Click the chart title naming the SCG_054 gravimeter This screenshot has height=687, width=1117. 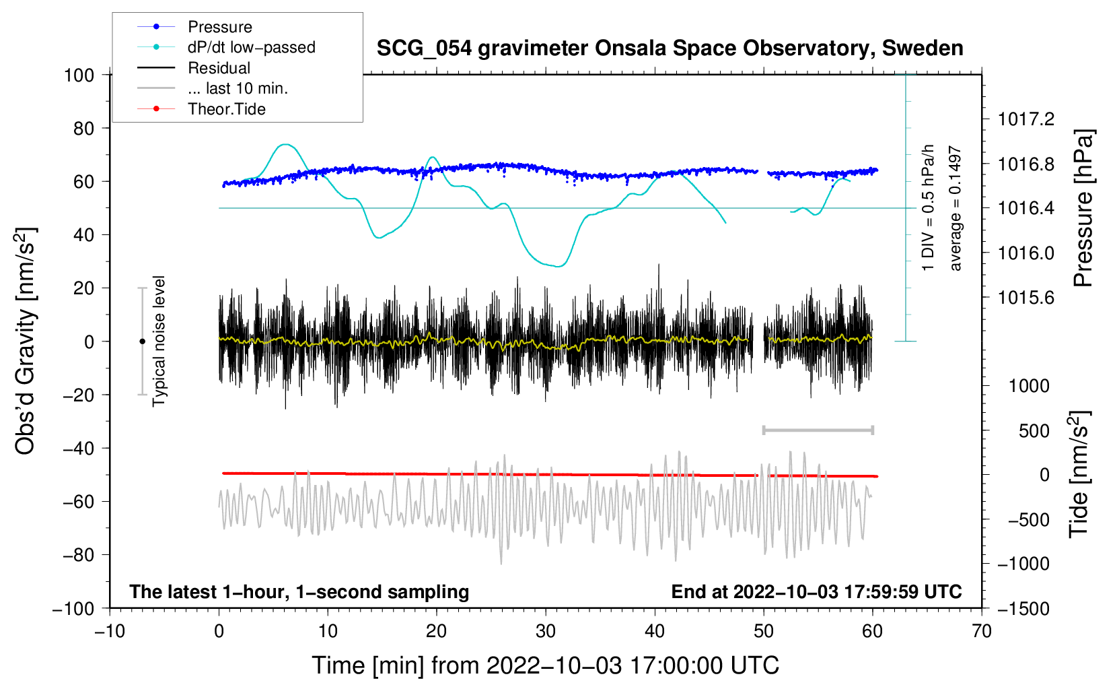(x=670, y=48)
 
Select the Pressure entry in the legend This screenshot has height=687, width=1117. (x=219, y=27)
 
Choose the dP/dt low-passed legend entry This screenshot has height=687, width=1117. (x=251, y=47)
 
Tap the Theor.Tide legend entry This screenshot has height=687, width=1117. (x=226, y=109)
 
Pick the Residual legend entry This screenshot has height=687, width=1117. (x=219, y=68)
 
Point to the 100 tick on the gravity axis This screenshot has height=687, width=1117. (x=79, y=75)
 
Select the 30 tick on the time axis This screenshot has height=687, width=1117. (x=546, y=631)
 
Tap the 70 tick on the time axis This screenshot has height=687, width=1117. (x=982, y=631)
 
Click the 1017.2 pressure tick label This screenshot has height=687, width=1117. (x=1026, y=119)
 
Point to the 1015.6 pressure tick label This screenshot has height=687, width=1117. (x=1026, y=298)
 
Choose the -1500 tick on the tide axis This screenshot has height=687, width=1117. (x=1023, y=609)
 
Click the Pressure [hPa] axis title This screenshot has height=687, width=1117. (x=1083, y=208)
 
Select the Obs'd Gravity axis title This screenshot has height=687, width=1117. (x=26, y=341)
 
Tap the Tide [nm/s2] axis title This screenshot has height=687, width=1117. (x=1079, y=475)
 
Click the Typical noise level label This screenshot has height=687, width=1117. (x=159, y=341)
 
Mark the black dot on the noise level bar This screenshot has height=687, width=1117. (x=142, y=341)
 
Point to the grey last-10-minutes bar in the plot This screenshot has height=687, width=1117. (x=818, y=430)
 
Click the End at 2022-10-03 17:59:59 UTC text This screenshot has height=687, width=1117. (x=816, y=592)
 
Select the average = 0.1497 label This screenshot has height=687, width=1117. (x=956, y=208)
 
